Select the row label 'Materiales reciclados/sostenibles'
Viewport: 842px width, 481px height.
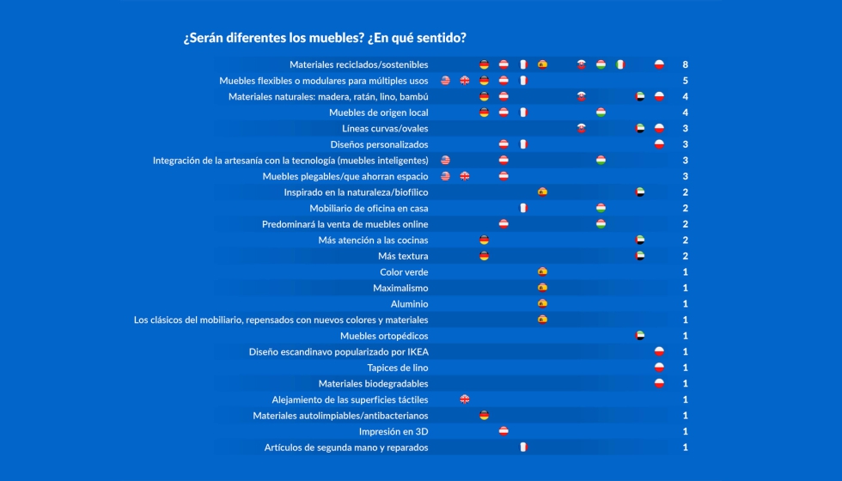click(358, 64)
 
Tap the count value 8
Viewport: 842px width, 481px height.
click(685, 64)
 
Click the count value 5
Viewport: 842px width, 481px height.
click(685, 81)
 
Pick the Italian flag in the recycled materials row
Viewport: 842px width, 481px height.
click(620, 64)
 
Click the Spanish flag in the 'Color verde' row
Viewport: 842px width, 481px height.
click(542, 272)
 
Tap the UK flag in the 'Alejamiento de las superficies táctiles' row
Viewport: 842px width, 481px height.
click(465, 399)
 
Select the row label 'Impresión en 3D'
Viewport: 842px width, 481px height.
click(394, 431)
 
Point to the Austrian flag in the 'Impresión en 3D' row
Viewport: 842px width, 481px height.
click(503, 431)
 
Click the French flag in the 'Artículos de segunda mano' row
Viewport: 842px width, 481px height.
click(522, 448)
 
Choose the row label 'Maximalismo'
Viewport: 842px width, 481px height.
click(400, 288)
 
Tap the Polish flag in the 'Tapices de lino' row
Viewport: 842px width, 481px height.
click(659, 368)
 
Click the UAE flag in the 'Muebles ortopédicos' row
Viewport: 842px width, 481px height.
click(640, 336)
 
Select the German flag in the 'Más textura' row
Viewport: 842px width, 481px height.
click(484, 256)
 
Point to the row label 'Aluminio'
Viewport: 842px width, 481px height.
click(409, 304)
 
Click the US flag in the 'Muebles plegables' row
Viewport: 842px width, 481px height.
click(445, 176)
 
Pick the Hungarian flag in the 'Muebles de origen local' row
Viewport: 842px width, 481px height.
click(601, 113)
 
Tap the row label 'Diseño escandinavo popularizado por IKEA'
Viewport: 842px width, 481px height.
click(339, 351)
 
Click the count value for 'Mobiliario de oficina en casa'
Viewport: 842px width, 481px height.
click(685, 208)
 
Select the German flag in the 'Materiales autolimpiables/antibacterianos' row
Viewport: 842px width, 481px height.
click(484, 416)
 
